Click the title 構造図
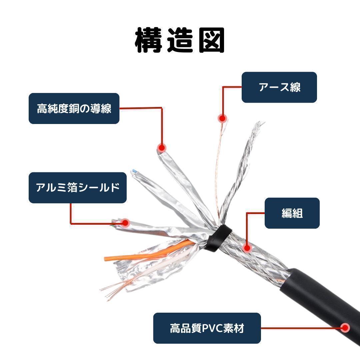pyautogui.click(x=180, y=40)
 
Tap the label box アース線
pyautogui.click(x=279, y=87)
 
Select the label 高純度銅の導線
pyautogui.click(x=74, y=108)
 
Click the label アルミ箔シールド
pyautogui.click(x=78, y=188)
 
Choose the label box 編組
pyautogui.click(x=292, y=213)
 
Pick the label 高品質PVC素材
pyautogui.click(x=207, y=328)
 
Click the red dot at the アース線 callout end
pyautogui.click(x=222, y=118)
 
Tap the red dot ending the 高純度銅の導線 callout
pyautogui.click(x=162, y=148)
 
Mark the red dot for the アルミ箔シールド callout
pyautogui.click(x=125, y=223)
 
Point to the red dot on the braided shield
pyautogui.click(x=247, y=248)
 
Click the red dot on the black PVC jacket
pyautogui.click(x=345, y=328)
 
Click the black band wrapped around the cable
pyautogui.click(x=218, y=238)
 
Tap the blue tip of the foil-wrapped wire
pyautogui.click(x=135, y=171)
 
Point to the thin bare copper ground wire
pyautogui.click(x=220, y=170)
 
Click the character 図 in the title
pyautogui.click(x=211, y=40)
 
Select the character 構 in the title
pyautogui.click(x=148, y=40)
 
